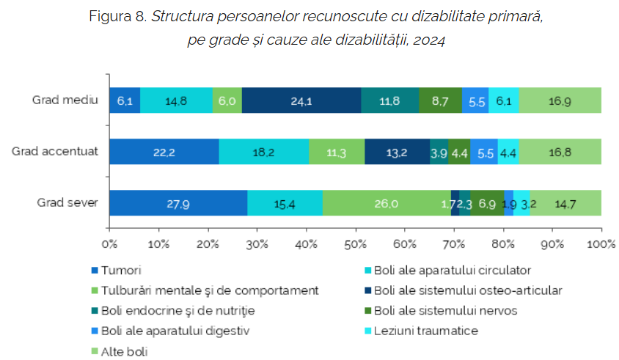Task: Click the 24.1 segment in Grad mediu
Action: (x=301, y=100)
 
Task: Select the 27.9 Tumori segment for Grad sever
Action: (x=178, y=203)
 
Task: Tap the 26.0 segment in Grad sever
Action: (x=387, y=203)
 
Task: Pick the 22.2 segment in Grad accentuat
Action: (x=164, y=152)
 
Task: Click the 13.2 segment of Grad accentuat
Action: (x=397, y=152)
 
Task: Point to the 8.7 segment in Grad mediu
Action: (x=440, y=100)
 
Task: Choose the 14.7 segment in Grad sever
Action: (x=565, y=203)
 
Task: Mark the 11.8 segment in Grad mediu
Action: (x=390, y=100)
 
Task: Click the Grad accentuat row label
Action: (x=55, y=151)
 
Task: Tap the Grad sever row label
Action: (x=67, y=202)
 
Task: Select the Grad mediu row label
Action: (x=65, y=100)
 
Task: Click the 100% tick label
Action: (x=601, y=244)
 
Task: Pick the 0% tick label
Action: (x=109, y=244)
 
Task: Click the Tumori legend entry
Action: (x=116, y=271)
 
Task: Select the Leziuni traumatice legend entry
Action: (x=421, y=331)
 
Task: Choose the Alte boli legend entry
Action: (x=120, y=351)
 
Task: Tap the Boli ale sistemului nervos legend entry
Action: (x=441, y=311)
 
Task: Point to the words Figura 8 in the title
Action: (x=118, y=17)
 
